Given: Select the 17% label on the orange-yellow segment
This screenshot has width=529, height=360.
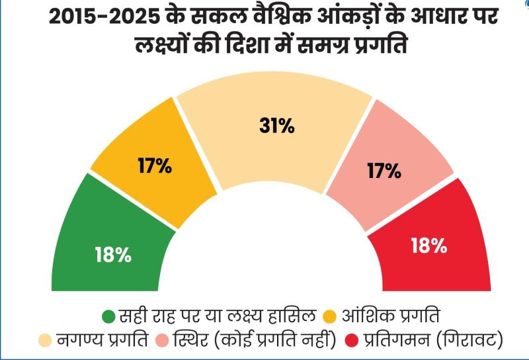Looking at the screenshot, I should (154, 165).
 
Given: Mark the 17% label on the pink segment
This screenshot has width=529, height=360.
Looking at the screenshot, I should (384, 171).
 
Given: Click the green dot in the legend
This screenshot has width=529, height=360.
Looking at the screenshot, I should (108, 315).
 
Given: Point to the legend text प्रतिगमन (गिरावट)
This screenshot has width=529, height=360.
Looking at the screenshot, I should (436, 341).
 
